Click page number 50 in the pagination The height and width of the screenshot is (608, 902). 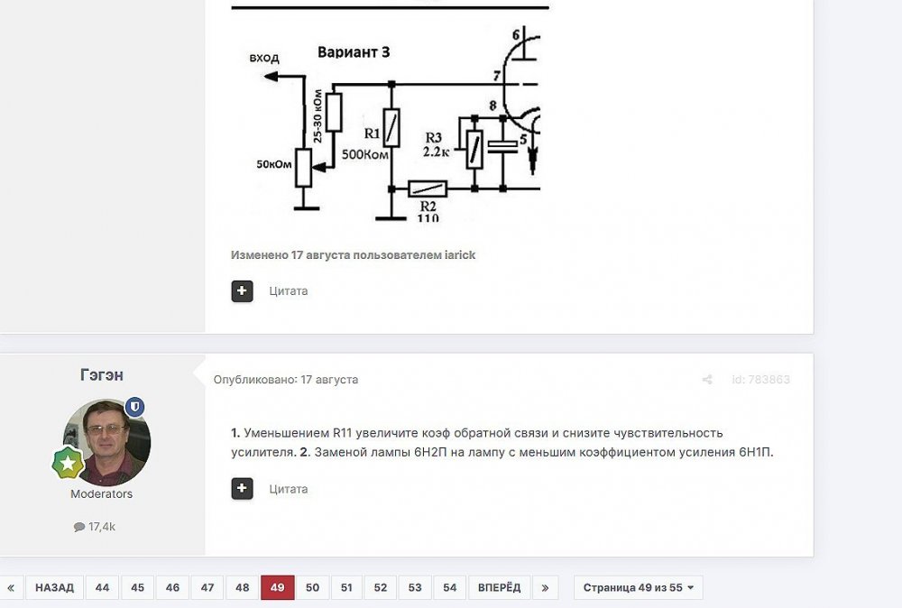click(312, 587)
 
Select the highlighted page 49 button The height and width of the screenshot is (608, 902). click(277, 587)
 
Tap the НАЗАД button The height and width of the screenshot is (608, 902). click(55, 587)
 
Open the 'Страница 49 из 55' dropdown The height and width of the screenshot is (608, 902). click(638, 587)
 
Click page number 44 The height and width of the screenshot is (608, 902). click(103, 587)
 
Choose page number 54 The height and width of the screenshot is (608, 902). click(450, 587)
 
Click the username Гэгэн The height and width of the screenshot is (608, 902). click(102, 375)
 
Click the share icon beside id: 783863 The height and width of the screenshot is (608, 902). click(707, 380)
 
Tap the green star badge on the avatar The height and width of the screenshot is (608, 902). click(68, 463)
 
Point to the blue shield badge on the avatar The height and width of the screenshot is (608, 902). click(134, 407)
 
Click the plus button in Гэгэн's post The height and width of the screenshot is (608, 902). click(242, 489)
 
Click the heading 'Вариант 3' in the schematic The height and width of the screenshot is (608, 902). click(354, 52)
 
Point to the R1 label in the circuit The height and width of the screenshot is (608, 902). click(373, 134)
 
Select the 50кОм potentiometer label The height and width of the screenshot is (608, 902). click(274, 164)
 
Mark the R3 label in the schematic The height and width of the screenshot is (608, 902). click(433, 137)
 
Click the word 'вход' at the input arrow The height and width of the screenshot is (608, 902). click(264, 58)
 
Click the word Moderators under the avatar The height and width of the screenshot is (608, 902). click(101, 494)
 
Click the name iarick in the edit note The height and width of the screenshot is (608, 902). click(460, 254)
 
